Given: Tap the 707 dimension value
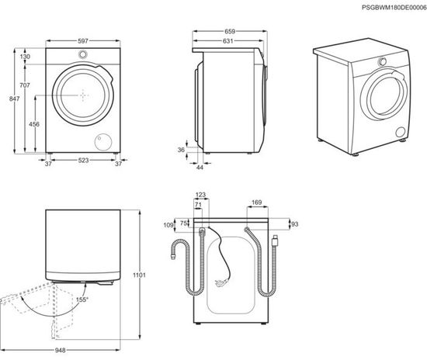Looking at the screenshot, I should tap(25, 85).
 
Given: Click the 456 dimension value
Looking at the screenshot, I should tap(34, 124).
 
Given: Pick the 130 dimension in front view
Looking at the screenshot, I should tap(26, 57).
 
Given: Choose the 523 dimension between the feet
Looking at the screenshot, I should tap(82, 161).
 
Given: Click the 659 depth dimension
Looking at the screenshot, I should tap(231, 33).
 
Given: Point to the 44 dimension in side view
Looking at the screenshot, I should tap(199, 168).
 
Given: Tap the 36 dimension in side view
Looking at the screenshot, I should tap(182, 150).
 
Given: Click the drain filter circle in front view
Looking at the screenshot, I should tap(101, 141).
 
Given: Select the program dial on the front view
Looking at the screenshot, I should tap(82, 54).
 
